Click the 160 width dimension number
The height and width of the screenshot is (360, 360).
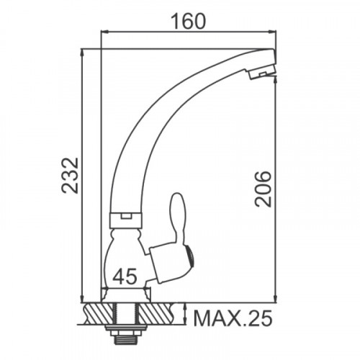(189, 22)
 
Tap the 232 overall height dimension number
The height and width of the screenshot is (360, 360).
(70, 176)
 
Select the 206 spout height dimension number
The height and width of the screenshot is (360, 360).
(263, 189)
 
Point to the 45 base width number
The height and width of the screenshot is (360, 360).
(125, 276)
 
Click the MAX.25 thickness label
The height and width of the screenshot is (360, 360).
(233, 318)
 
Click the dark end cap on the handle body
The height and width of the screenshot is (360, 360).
(189, 258)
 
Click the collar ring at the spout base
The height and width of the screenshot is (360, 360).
(126, 220)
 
